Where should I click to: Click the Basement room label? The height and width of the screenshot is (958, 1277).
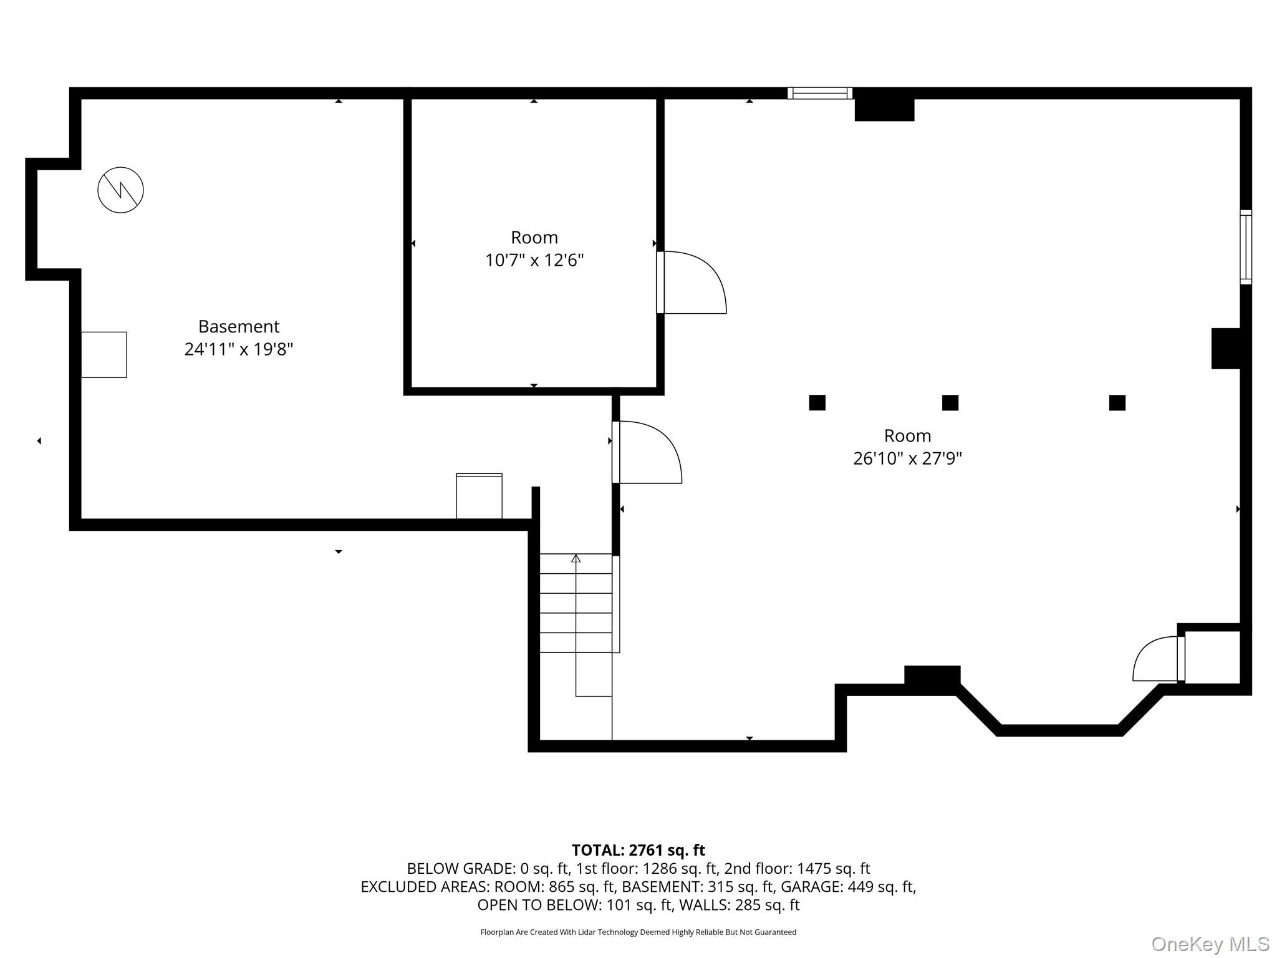click(239, 326)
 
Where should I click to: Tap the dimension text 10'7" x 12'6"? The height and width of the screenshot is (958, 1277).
click(534, 260)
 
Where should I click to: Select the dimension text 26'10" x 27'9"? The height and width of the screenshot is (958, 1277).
click(907, 458)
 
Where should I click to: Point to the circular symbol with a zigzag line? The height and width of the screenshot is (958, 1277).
click(121, 190)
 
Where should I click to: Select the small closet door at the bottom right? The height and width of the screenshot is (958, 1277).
click(1158, 659)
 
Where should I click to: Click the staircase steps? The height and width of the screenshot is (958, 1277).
click(576, 603)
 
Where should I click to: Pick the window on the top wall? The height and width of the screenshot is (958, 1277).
click(820, 93)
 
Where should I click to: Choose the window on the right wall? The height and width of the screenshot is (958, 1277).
click(1245, 247)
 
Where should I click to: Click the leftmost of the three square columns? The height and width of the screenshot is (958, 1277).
click(817, 402)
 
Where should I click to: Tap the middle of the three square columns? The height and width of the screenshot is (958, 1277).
click(950, 402)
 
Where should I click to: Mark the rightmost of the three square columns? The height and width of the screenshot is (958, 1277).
click(1117, 402)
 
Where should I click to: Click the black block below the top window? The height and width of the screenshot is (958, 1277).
click(884, 110)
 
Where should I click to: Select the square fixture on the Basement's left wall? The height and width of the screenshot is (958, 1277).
click(104, 354)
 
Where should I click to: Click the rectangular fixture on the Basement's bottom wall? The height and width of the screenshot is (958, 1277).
click(479, 496)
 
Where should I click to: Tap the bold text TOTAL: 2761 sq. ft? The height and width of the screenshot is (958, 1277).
click(638, 850)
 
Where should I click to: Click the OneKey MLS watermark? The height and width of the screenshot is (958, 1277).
click(1210, 944)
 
